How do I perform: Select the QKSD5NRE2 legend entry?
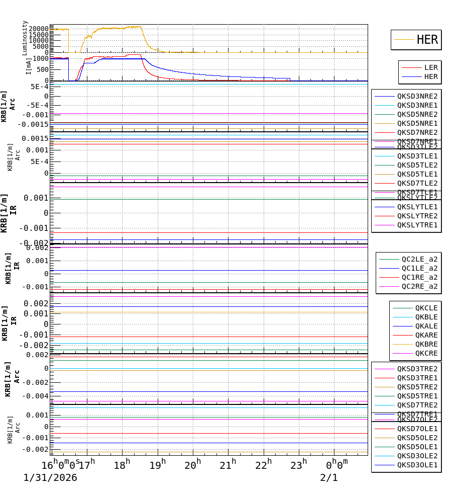417,114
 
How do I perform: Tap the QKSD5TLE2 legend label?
417,165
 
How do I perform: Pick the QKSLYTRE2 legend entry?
417,216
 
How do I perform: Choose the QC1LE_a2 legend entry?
419,268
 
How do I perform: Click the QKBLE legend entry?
426,317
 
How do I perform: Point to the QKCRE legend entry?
426,353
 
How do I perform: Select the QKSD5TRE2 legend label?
417,387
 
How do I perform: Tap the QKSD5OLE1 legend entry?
417,447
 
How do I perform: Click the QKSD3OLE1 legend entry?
417,465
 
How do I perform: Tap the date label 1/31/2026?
50,478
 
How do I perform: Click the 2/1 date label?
329,478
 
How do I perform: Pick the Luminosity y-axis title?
25,38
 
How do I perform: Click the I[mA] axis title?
28,66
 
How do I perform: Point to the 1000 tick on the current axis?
41,58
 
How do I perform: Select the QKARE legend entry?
426,335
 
